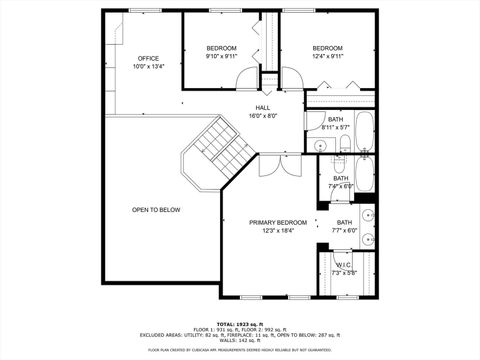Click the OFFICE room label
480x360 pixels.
coord(148,58)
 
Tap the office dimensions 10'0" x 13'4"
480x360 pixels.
coord(148,67)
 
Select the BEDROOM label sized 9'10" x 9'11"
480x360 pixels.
coord(221,48)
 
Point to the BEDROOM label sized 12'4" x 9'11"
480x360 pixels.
coord(327,48)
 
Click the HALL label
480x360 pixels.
coord(262,107)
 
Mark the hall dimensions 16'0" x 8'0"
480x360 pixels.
coord(262,116)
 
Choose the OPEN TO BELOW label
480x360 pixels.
coord(156,210)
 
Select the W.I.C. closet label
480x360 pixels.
coord(343,265)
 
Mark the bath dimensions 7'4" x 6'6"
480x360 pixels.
coord(340,187)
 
